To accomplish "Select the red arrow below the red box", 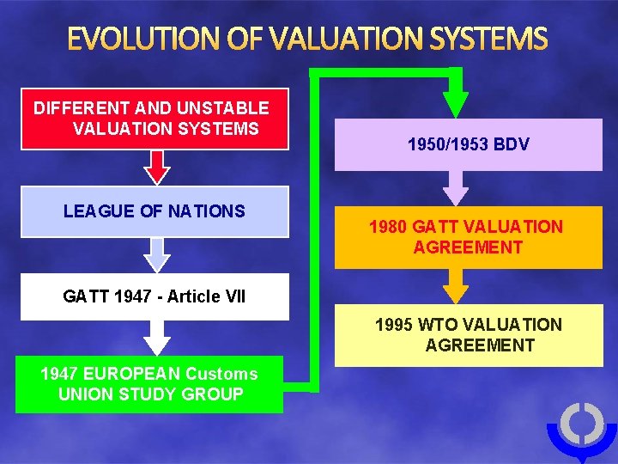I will (x=156, y=167).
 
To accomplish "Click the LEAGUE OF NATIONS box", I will (x=154, y=211).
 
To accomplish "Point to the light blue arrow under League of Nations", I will (x=156, y=254).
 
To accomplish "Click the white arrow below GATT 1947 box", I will (x=156, y=337).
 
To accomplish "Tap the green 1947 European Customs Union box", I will (x=149, y=384).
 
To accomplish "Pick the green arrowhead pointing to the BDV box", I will (x=456, y=103).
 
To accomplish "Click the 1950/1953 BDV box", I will (x=468, y=144).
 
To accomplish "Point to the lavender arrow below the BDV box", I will (x=456, y=187).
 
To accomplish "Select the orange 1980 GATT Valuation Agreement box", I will (x=468, y=237).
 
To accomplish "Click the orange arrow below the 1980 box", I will (x=456, y=285).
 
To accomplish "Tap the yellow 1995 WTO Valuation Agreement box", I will (x=468, y=335).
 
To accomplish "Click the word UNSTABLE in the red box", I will (x=222, y=108).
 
